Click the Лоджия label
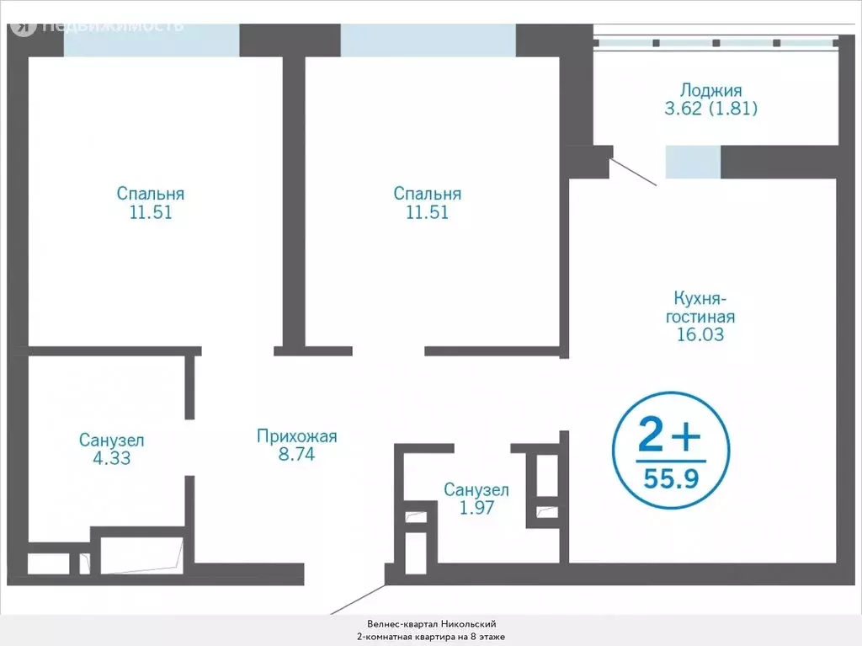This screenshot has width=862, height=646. pyautogui.click(x=710, y=90)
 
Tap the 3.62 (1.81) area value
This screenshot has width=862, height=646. pyautogui.click(x=710, y=109)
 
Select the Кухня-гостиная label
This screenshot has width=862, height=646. pyautogui.click(x=700, y=307)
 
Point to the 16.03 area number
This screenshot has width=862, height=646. pyautogui.click(x=700, y=334)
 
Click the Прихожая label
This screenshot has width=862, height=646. pyautogui.click(x=297, y=436)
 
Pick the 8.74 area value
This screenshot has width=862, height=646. pyautogui.click(x=297, y=454)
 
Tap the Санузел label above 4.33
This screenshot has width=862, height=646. pyautogui.click(x=112, y=440)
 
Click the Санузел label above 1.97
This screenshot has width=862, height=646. pyautogui.click(x=476, y=489)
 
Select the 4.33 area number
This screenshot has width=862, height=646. pyautogui.click(x=112, y=458)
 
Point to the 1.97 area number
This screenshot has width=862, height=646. pyautogui.click(x=476, y=507)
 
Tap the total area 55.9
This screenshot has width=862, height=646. pyautogui.click(x=671, y=478)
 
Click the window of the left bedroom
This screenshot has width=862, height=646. pyautogui.click(x=152, y=40)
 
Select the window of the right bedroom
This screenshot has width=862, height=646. pyautogui.click(x=428, y=40)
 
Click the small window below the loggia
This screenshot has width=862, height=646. pyautogui.click(x=694, y=162)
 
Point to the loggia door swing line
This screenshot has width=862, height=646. pyautogui.click(x=633, y=172)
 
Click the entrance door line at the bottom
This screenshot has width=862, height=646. pyautogui.click(x=357, y=599)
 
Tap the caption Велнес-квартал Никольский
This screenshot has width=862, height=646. pyautogui.click(x=432, y=624)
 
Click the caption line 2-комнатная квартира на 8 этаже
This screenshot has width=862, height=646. pyautogui.click(x=431, y=637)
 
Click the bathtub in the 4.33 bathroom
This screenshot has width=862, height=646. pyautogui.click(x=141, y=556)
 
